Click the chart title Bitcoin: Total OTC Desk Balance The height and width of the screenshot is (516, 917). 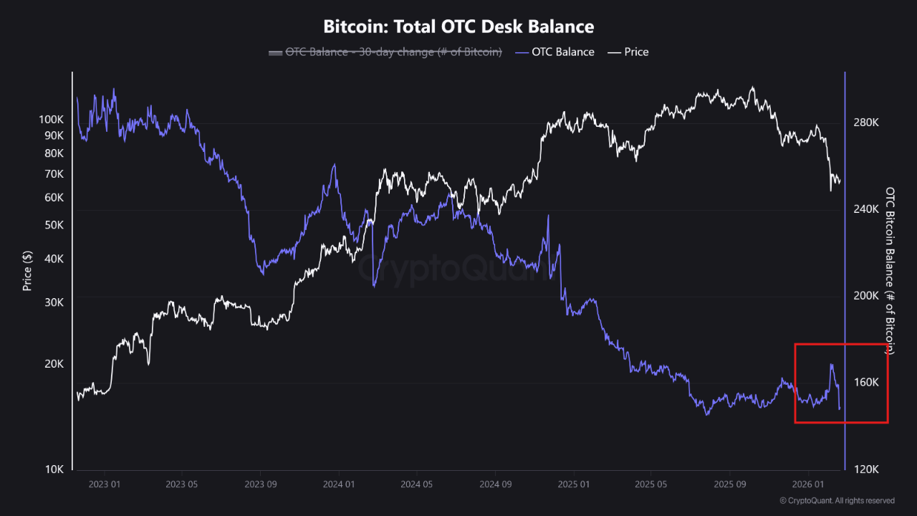(x=458, y=27)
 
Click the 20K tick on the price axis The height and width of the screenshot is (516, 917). (x=54, y=364)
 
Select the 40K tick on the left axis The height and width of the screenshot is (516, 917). (x=54, y=259)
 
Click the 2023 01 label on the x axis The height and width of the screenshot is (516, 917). (x=105, y=484)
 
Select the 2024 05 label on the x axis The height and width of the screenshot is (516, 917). (x=417, y=484)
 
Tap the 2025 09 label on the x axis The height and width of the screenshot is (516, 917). (x=729, y=484)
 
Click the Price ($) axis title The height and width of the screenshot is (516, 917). (x=27, y=270)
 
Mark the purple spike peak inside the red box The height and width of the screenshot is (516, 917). (x=831, y=364)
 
